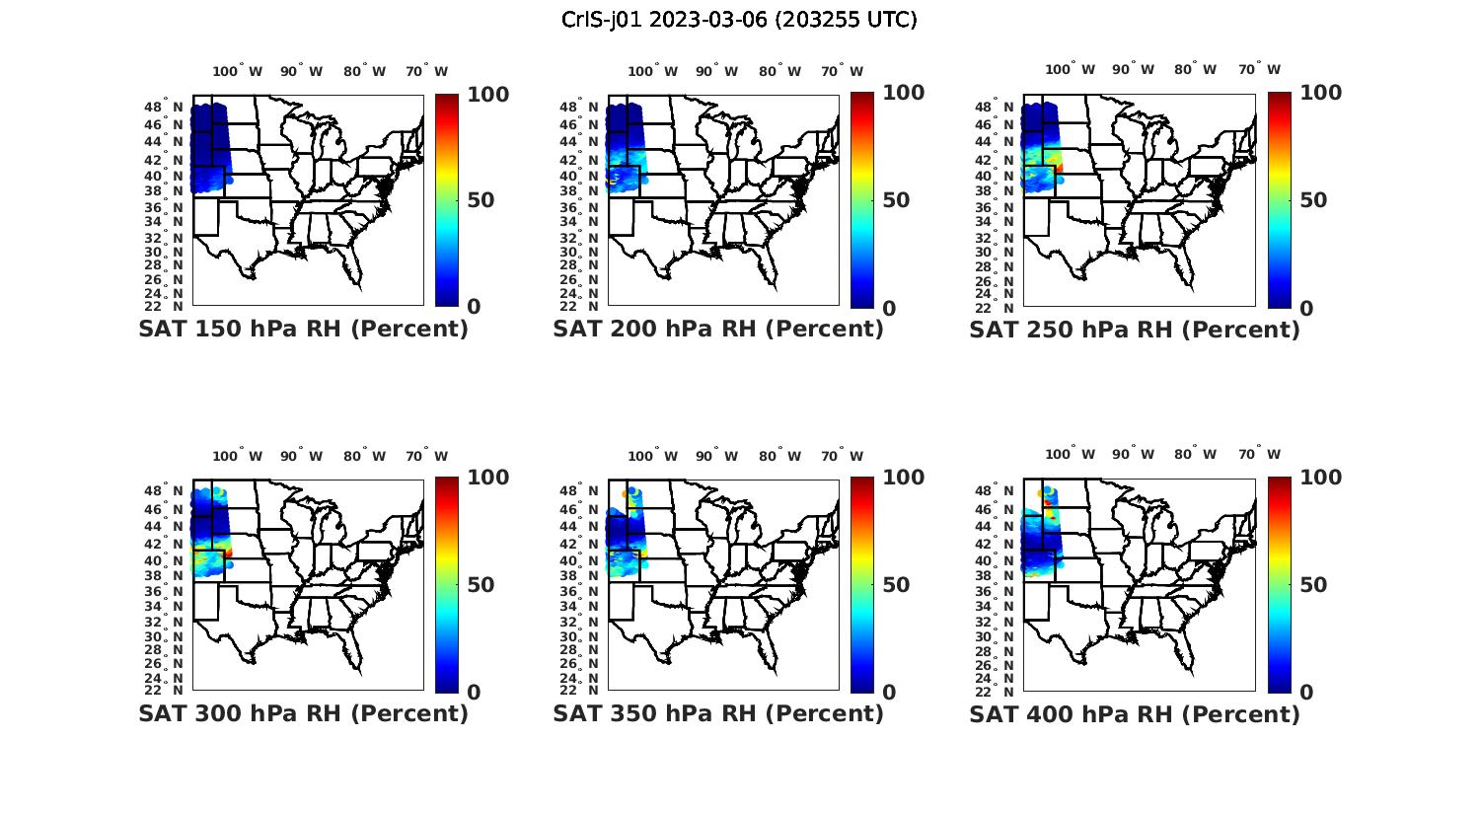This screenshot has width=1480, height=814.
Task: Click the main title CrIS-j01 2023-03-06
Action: [x=739, y=20]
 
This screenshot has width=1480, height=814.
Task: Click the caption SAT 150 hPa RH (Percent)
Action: [x=303, y=330]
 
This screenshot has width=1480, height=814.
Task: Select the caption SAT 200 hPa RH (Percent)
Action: [x=718, y=330]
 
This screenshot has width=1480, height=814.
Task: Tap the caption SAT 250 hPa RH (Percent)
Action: [x=1135, y=330]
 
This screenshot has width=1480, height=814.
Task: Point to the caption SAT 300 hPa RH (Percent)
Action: [x=303, y=713]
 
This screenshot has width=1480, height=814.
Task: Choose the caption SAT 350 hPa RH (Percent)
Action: [x=718, y=713]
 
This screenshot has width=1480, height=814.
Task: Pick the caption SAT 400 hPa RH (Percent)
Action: [x=1135, y=713]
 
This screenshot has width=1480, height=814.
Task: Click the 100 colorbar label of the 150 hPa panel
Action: [x=487, y=95]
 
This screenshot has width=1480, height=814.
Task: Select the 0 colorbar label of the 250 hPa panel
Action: [x=1306, y=308]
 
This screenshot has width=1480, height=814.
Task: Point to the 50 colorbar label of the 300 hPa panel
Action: [x=481, y=585]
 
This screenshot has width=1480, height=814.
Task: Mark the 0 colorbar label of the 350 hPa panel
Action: [x=889, y=693]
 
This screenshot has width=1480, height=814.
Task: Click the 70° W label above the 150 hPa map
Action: [x=426, y=71]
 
